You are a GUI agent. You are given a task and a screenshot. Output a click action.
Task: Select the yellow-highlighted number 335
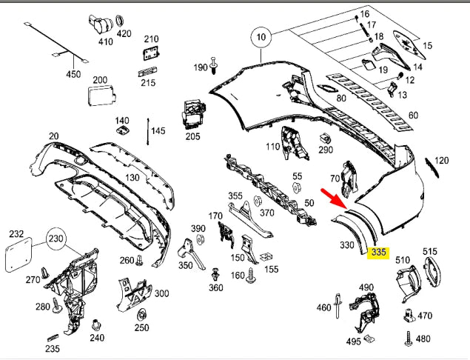379,253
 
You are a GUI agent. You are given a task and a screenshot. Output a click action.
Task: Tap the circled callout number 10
261,36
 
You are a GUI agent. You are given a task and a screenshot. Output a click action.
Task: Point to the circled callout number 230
56,239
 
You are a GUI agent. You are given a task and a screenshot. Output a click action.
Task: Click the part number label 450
73,74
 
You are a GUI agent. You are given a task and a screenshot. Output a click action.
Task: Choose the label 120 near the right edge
442,160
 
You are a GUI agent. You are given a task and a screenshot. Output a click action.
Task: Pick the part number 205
192,136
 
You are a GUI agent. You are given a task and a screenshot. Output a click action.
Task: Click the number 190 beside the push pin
201,67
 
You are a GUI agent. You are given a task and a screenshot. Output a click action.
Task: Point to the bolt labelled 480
407,338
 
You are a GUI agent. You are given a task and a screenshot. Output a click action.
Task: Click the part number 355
235,196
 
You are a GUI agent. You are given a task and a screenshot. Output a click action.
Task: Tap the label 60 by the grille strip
413,115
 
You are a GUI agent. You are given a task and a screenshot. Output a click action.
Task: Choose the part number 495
353,341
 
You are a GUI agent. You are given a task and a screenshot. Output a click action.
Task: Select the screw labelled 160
251,276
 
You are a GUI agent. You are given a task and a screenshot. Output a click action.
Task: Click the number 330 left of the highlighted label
346,244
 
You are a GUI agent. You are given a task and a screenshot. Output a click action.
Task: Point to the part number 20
53,136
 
